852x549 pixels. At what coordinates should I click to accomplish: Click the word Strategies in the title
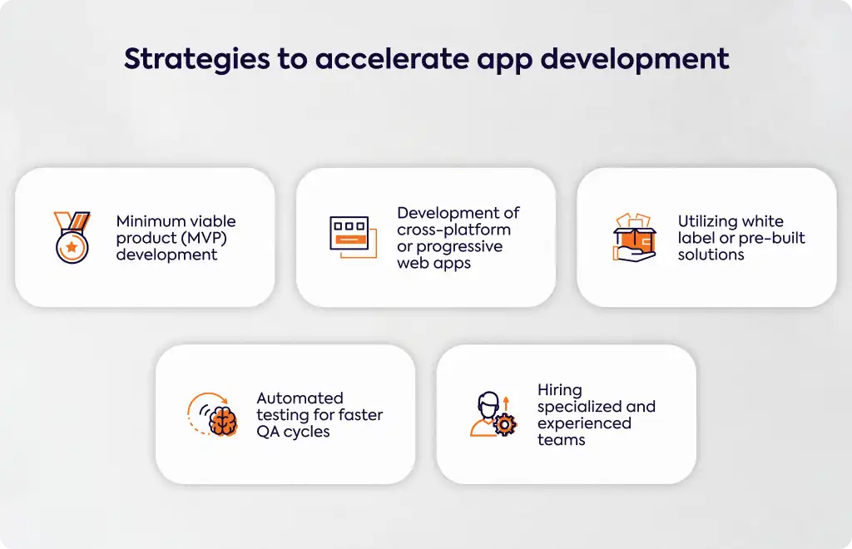[196, 59]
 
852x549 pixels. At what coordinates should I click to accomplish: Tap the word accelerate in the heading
[392, 59]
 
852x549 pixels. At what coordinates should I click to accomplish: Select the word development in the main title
[635, 60]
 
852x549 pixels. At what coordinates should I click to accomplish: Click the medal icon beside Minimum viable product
[72, 237]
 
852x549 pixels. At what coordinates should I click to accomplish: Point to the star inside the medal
[72, 247]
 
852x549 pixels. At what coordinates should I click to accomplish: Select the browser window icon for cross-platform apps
[353, 237]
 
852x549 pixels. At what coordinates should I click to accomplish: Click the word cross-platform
[453, 230]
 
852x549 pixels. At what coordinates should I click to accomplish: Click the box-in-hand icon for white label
[634, 237]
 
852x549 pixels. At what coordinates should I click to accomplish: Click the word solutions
[711, 255]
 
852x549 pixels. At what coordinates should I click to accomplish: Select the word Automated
[300, 398]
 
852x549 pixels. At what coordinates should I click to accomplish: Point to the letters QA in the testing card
[268, 432]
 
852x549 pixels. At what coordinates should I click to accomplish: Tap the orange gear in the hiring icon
[505, 425]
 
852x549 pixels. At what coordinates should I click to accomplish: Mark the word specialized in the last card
[580, 408]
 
